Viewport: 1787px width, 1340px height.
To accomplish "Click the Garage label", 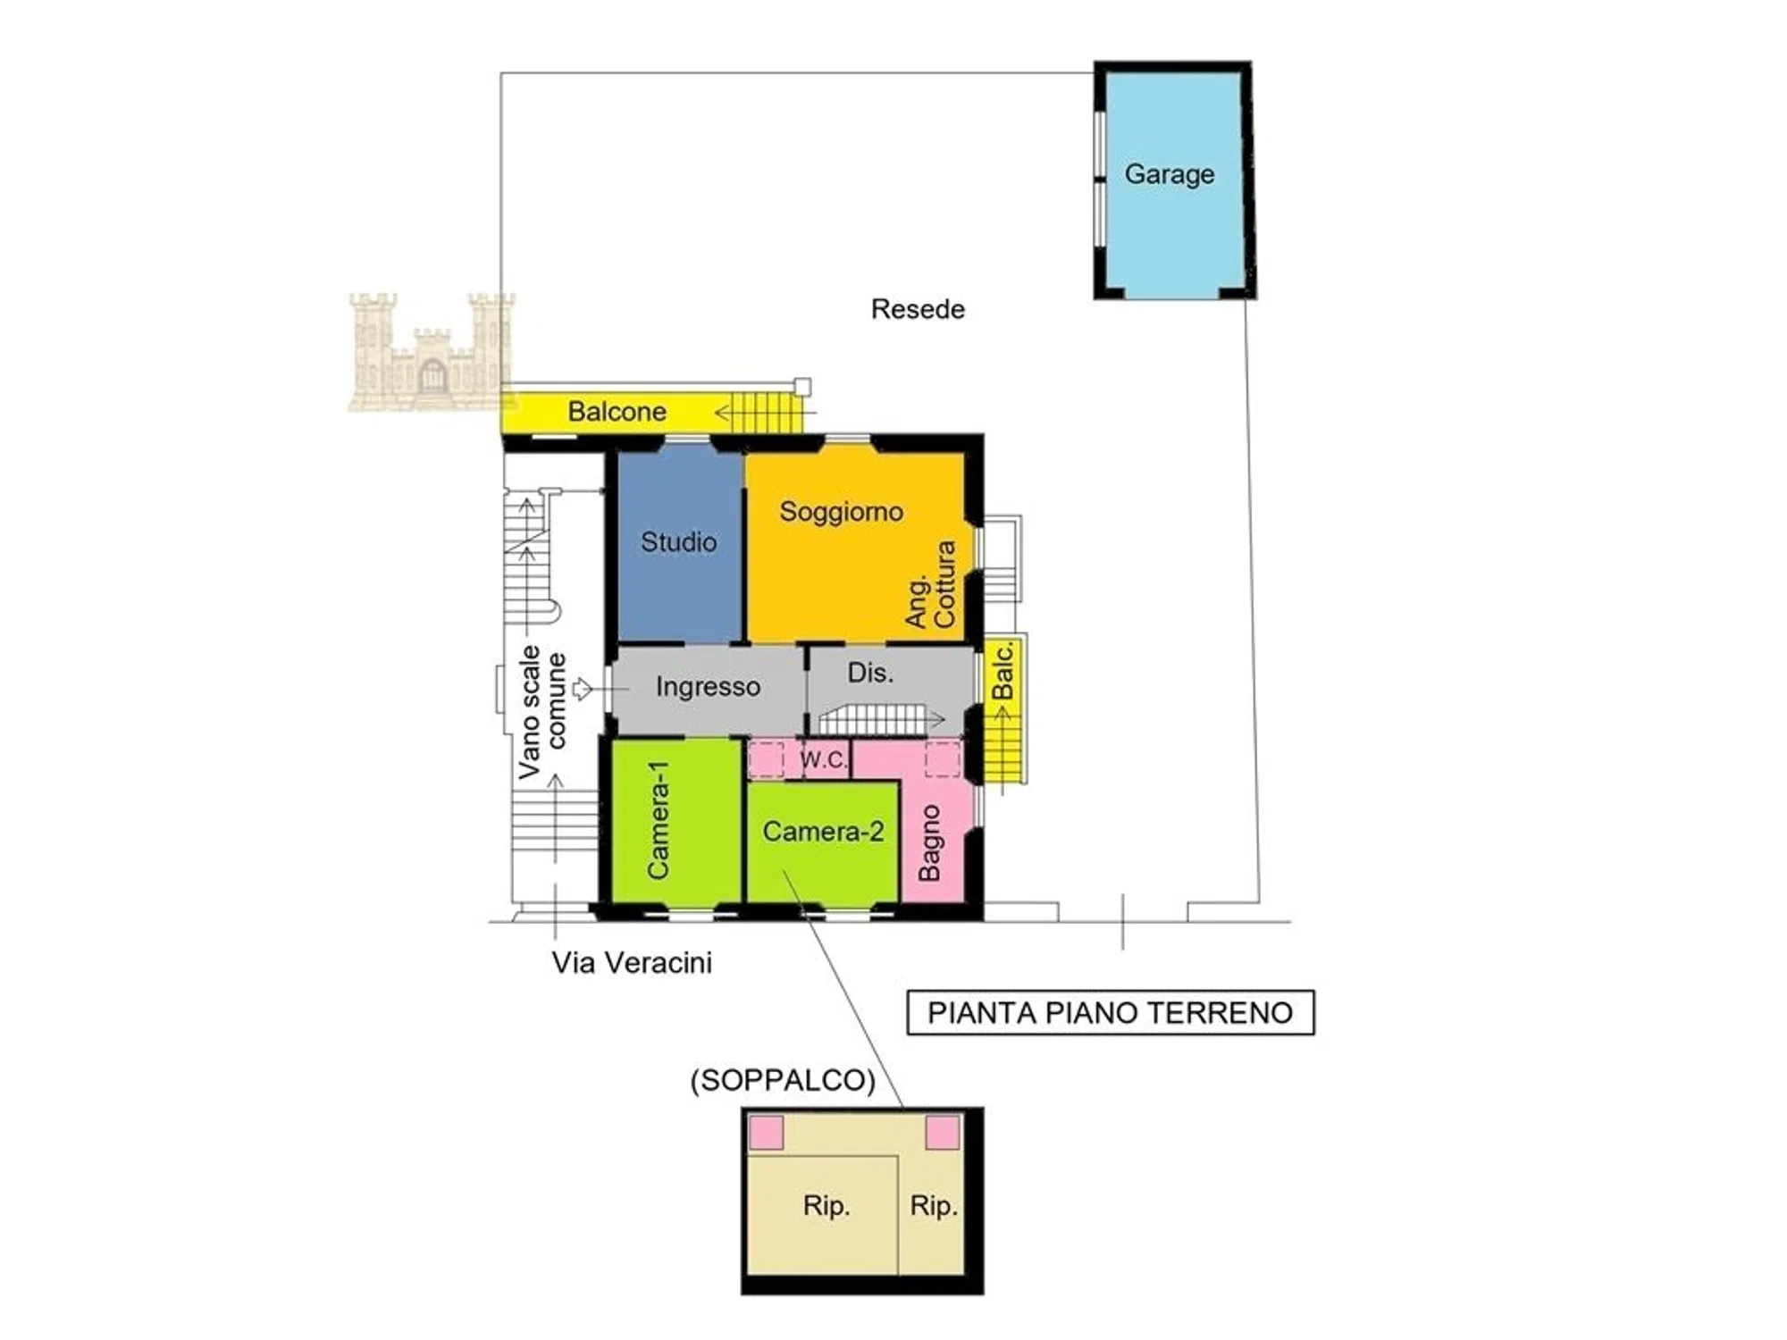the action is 1169,174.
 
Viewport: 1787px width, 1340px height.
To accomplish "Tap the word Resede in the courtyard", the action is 918,309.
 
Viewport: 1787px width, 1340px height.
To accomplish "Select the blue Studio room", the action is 680,543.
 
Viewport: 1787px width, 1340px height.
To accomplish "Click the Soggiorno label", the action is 841,512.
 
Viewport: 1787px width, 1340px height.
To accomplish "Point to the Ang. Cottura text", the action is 931,584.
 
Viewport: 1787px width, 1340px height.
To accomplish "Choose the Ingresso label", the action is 708,686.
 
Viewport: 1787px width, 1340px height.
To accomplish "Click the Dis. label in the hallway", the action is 870,673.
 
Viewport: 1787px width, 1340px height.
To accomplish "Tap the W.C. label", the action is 823,759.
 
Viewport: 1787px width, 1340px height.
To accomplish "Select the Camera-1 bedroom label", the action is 659,820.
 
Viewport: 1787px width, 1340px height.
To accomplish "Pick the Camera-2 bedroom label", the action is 823,832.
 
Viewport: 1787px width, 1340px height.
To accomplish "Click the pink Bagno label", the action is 929,842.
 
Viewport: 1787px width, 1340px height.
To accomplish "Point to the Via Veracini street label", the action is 632,963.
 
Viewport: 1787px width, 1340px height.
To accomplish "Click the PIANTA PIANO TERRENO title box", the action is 1111,1013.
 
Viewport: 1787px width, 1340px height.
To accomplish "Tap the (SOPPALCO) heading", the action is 783,1080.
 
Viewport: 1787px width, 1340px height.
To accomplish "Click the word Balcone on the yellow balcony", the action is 617,412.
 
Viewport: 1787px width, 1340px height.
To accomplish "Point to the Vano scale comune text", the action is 542,711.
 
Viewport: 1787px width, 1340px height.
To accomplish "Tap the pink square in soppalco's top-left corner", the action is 766,1133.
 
